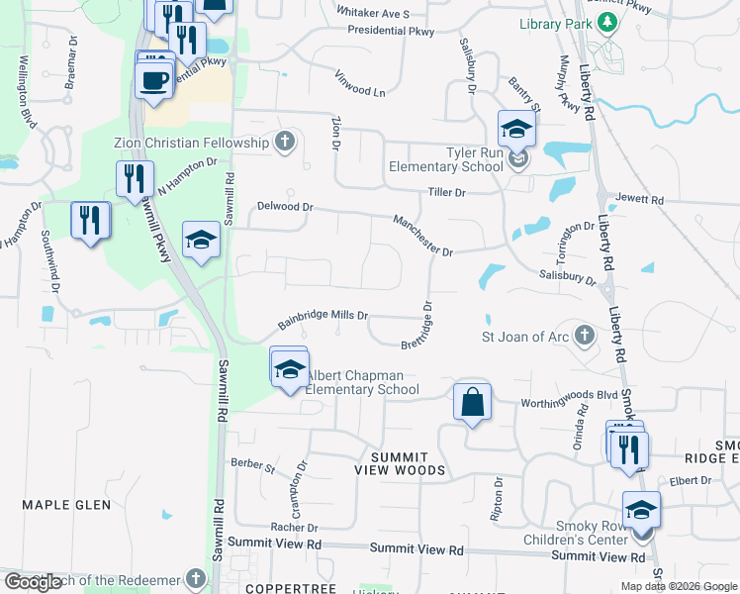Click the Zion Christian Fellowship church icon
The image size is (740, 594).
[285, 143]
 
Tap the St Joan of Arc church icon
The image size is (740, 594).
[585, 337]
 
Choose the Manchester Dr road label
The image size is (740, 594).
[422, 237]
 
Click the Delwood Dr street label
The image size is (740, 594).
[285, 208]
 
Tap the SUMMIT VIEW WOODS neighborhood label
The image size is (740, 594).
[409, 463]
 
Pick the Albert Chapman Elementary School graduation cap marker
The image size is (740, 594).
[289, 370]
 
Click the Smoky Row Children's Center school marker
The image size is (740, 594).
[641, 511]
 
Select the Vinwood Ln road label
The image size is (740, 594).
[360, 83]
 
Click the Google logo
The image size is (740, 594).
[33, 582]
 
